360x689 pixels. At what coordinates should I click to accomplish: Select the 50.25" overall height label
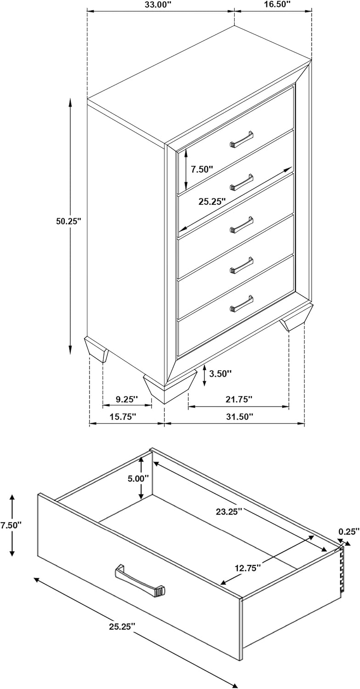[68, 220]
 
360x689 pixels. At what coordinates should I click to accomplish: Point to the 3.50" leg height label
[220, 373]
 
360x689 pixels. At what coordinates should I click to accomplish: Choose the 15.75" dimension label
[123, 417]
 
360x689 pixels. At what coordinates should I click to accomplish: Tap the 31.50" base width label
[240, 417]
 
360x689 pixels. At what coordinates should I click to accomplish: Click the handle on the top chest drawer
[242, 140]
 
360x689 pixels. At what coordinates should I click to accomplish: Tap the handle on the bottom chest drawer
[242, 304]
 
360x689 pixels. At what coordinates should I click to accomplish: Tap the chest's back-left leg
[96, 349]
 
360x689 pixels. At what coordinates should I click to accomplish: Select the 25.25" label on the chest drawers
[212, 202]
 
